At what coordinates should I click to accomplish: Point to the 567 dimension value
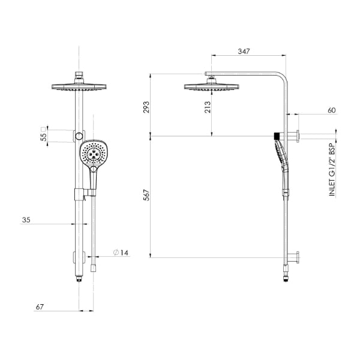tap(146, 196)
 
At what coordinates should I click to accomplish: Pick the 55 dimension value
tap(43, 136)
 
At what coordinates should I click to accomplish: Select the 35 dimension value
tap(26, 220)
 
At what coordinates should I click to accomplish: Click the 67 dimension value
tap(40, 307)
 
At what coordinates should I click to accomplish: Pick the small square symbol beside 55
tap(43, 128)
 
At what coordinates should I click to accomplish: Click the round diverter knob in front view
tap(80, 136)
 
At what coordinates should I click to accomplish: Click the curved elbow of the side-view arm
tap(283, 79)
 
